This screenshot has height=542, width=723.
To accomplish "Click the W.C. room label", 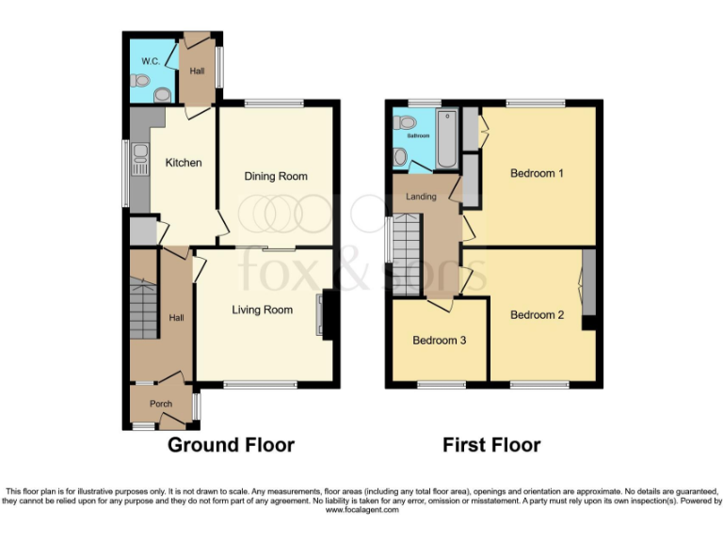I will click(149, 62).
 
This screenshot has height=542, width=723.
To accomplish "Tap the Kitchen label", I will click(184, 163).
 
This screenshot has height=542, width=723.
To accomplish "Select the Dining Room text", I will click(276, 176).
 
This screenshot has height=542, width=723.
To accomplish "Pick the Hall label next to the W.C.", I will click(198, 71).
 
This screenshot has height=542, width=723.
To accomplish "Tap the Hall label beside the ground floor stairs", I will click(176, 318).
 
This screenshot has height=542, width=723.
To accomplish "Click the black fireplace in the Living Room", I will click(328, 313).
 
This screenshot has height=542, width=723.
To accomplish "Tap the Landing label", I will click(420, 197).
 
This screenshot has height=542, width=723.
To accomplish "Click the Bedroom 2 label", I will click(537, 315).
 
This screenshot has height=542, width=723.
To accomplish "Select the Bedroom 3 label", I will click(439, 341).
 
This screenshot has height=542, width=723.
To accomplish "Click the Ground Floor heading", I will click(231, 445).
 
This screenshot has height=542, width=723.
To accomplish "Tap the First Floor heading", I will click(491, 445).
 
